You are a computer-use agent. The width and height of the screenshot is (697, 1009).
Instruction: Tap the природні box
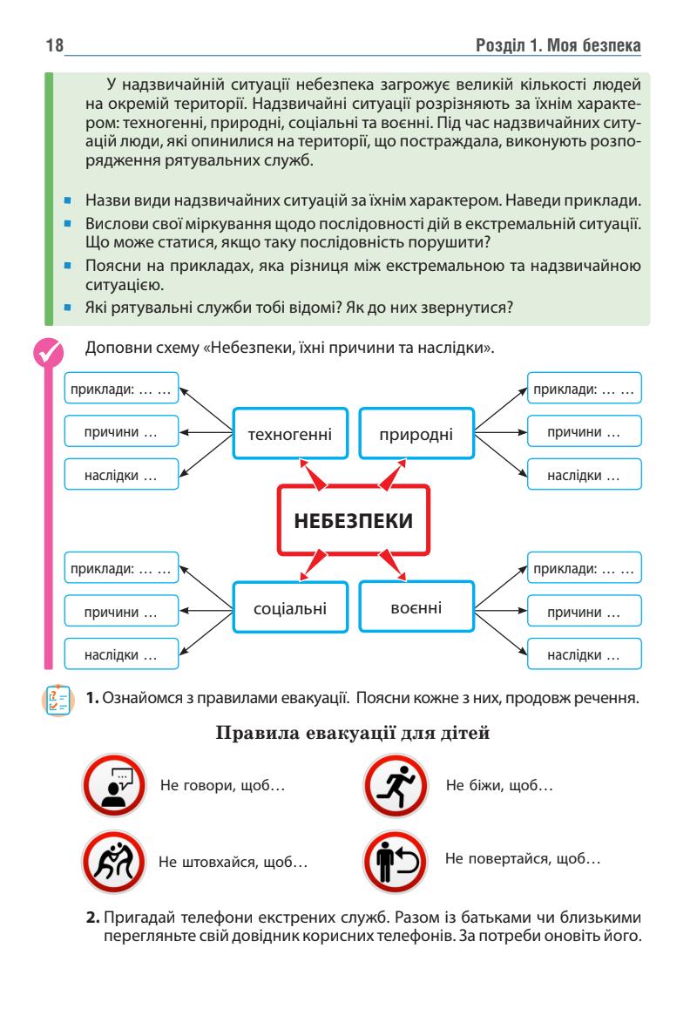point(416,432)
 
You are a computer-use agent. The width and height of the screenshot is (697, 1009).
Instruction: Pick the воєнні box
point(416,605)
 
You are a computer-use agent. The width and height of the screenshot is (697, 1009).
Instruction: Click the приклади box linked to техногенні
point(121,390)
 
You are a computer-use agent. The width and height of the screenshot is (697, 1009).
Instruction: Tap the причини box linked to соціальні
point(121,613)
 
